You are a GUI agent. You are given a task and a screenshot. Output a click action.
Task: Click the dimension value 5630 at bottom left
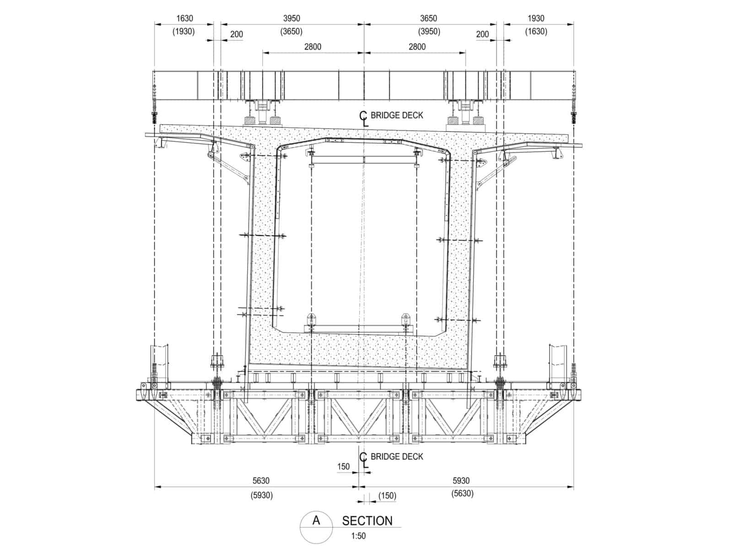[261, 481]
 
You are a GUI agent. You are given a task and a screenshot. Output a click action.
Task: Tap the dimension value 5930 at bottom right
[461, 481]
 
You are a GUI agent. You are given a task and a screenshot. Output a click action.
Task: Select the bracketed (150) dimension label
[387, 496]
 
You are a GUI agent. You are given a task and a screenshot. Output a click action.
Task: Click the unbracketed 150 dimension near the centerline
[343, 466]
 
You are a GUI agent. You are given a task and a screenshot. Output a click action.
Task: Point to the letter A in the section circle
[316, 520]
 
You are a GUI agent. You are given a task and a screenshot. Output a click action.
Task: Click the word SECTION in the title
[367, 521]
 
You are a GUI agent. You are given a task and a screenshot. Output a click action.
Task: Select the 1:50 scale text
[359, 536]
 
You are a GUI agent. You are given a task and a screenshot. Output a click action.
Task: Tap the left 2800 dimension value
[312, 47]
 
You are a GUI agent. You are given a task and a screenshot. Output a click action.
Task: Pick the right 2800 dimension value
[417, 47]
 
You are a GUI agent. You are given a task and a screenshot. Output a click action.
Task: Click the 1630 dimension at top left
[184, 18]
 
